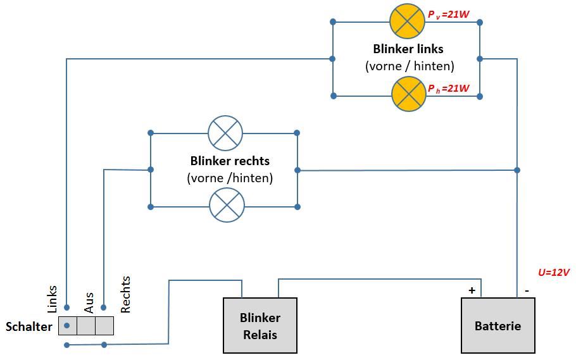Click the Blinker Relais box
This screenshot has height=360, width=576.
pyautogui.click(x=260, y=325)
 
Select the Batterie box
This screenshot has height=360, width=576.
pyautogui.click(x=498, y=325)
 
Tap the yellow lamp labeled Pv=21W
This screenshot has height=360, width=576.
pyautogui.click(x=407, y=21)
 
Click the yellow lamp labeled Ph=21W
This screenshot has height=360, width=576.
pyautogui.click(x=409, y=94)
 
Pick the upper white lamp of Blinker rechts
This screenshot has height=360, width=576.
pyautogui.click(x=225, y=132)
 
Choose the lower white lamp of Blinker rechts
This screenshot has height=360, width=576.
pyautogui.click(x=227, y=205)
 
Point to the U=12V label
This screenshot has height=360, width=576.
pyautogui.click(x=554, y=272)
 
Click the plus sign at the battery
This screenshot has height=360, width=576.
pyautogui.click(x=472, y=290)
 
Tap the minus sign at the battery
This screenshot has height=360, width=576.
pyautogui.click(x=527, y=290)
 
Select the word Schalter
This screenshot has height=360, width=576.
pyautogui.click(x=28, y=326)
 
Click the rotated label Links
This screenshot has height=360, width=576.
pyautogui.click(x=53, y=299)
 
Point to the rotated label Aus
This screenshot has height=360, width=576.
pyautogui.click(x=89, y=302)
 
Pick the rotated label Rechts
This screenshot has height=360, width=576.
pyautogui.click(x=125, y=294)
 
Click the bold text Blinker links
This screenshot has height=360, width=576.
pyautogui.click(x=408, y=49)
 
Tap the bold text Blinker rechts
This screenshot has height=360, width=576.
pyautogui.click(x=230, y=161)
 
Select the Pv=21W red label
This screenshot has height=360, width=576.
pyautogui.click(x=448, y=14)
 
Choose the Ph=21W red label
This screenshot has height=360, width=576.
pyautogui.click(x=448, y=89)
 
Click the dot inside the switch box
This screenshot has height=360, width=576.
pyautogui.click(x=66, y=326)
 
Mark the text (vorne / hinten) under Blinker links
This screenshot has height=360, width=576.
pyautogui.click(x=410, y=66)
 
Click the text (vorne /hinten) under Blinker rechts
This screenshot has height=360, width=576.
pyautogui.click(x=230, y=178)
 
